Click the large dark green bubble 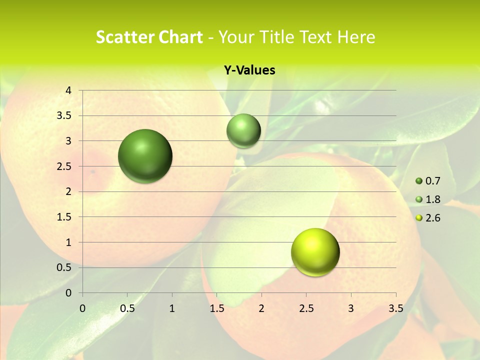pyautogui.click(x=145, y=156)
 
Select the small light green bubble pyautogui.click(x=243, y=131)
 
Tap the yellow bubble pyautogui.click(x=315, y=252)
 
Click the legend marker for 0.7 pyautogui.click(x=419, y=181)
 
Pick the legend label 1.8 pyautogui.click(x=432, y=199)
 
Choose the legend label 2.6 pyautogui.click(x=432, y=218)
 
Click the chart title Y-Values pyautogui.click(x=249, y=70)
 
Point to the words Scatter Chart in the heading pyautogui.click(x=149, y=37)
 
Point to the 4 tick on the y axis pyautogui.click(x=68, y=90)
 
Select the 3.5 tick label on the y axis pyautogui.click(x=64, y=115)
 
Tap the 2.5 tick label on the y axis pyautogui.click(x=64, y=166)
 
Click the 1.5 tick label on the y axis pyautogui.click(x=64, y=217)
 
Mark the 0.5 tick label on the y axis pyautogui.click(x=64, y=267)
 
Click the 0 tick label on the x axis pyautogui.click(x=82, y=308)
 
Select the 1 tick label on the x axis pyautogui.click(x=172, y=308)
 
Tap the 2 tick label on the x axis pyautogui.click(x=261, y=308)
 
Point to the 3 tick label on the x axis pyautogui.click(x=351, y=308)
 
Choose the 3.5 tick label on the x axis pyautogui.click(x=395, y=308)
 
